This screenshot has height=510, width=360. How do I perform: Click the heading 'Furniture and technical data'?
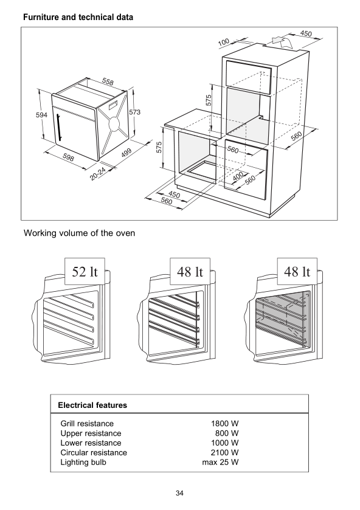coord(78,17)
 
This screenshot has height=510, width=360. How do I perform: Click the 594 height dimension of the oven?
coord(41,115)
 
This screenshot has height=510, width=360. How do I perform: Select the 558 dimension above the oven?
coord(108,81)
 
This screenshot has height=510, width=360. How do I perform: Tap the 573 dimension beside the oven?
coord(135,112)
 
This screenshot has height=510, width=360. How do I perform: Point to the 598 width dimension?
coord(68,157)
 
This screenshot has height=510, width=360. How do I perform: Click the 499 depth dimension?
coord(126,153)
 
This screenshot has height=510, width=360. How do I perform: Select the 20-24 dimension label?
coord(98,174)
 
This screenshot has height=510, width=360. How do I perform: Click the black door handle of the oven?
coord(59,128)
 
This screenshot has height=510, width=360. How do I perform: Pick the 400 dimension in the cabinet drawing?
coord(238,176)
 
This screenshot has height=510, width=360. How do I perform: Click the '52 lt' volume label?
coord(85,272)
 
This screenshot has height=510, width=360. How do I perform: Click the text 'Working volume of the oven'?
coord(80,233)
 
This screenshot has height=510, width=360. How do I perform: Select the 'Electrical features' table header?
coord(92,405)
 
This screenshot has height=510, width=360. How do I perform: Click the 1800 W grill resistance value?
coord(225,424)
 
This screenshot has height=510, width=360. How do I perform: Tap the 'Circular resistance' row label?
coord(94,452)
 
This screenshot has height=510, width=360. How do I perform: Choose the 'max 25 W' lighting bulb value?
coord(220,462)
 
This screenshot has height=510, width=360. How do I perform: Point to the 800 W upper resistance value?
coord(227,433)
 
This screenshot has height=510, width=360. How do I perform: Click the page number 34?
coord(179,493)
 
